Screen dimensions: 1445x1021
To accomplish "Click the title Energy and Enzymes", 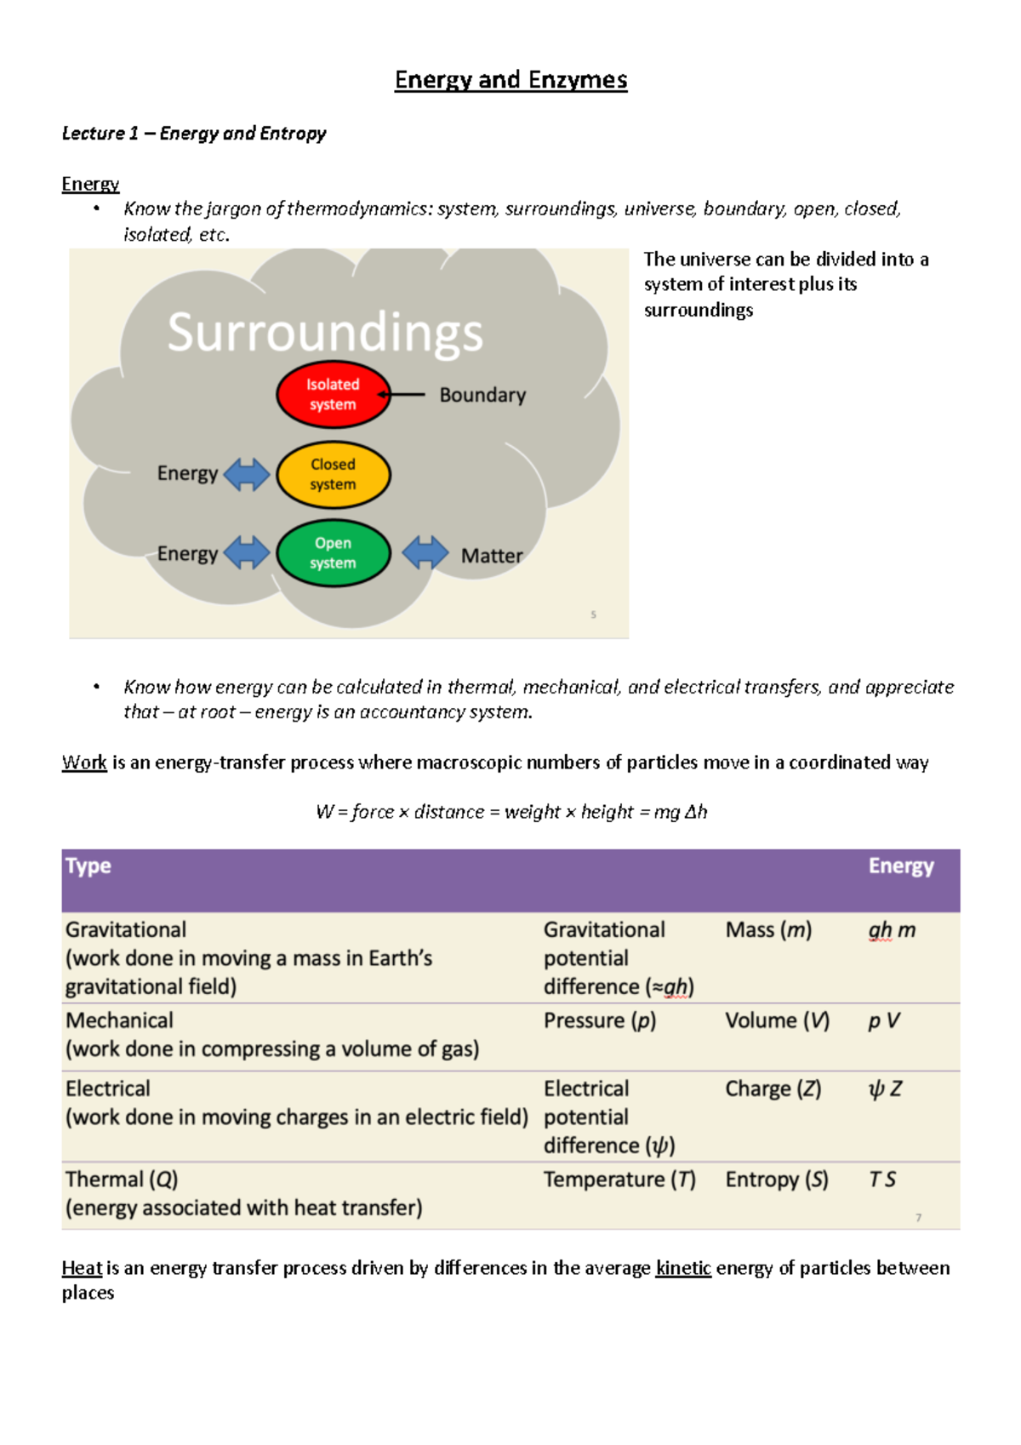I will (x=510, y=80).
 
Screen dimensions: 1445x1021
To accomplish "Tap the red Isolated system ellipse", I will (x=333, y=395).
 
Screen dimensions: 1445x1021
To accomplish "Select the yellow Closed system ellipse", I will (x=333, y=475).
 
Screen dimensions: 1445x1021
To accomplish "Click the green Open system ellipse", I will (x=333, y=553).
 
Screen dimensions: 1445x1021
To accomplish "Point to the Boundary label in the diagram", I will (x=482, y=395).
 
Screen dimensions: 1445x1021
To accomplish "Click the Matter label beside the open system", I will (x=492, y=556).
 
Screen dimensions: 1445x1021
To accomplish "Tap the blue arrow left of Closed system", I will (x=247, y=474).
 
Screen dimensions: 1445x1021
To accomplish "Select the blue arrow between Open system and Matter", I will (x=425, y=553).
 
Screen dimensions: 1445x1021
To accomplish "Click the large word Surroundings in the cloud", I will (x=325, y=332).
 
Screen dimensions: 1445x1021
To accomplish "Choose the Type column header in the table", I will (x=88, y=866).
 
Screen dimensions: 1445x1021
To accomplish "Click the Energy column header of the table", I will (x=901, y=866).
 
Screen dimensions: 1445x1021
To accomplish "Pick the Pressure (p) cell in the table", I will (x=600, y=1020).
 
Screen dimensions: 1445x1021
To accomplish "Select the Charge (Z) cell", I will (x=773, y=1088).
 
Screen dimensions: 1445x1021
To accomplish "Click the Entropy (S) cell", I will (x=777, y=1179).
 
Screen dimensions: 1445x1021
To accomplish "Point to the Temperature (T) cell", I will (x=619, y=1179).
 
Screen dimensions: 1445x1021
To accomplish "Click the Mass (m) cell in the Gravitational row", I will (x=768, y=930).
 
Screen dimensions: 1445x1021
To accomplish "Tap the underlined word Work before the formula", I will (x=84, y=762).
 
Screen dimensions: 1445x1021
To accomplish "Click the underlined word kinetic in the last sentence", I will (x=683, y=1268).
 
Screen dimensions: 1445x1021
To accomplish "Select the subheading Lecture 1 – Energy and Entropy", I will (x=194, y=134).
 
